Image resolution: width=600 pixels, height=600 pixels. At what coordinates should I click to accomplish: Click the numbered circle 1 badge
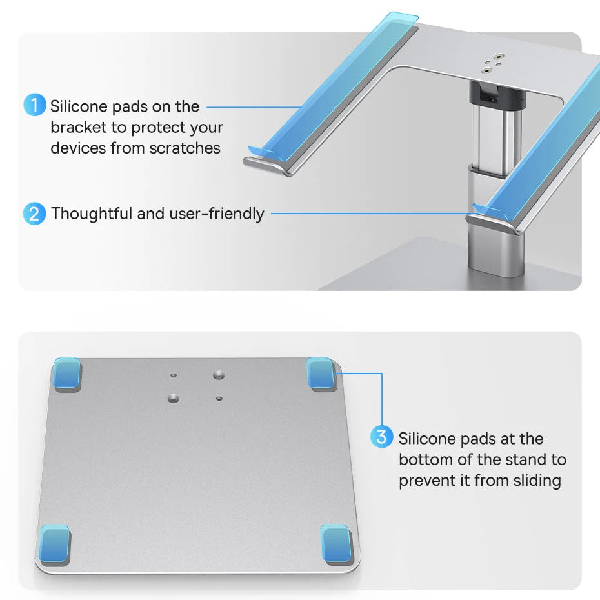click(35, 105)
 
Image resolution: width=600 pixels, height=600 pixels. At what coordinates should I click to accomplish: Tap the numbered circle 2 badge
click(34, 214)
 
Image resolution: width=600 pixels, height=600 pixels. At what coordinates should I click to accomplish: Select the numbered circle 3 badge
click(381, 437)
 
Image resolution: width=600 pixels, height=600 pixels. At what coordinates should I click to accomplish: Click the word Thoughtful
click(92, 214)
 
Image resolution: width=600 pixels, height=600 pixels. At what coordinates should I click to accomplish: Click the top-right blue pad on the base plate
click(321, 374)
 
